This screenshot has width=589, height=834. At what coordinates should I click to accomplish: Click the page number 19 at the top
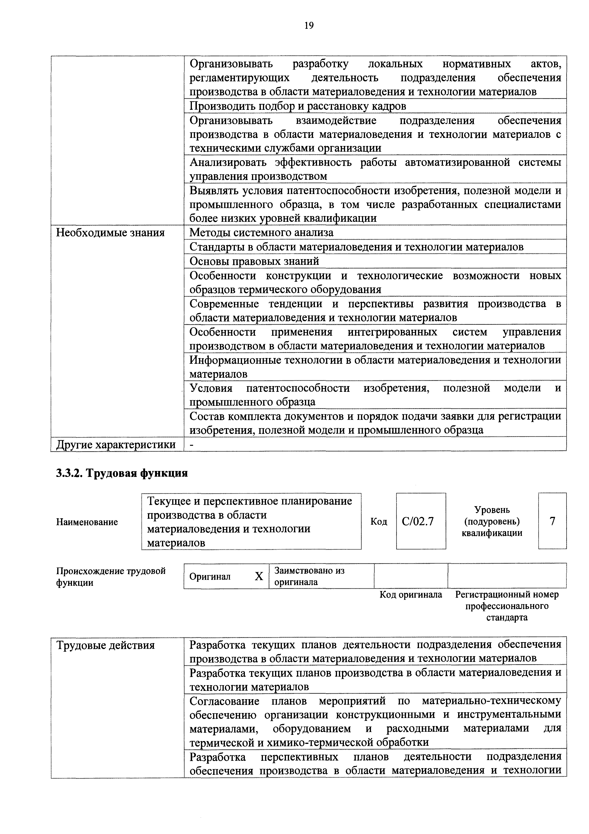(309, 25)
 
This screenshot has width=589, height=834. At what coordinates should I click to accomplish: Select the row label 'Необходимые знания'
(110, 233)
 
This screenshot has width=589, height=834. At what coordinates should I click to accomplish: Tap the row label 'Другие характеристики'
(116, 444)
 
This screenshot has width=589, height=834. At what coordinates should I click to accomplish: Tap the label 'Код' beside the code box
(379, 522)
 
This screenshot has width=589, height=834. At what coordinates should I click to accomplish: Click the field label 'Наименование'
(87, 522)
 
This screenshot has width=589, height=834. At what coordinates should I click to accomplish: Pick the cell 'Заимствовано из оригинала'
(309, 576)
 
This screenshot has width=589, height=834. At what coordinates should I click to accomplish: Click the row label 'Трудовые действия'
(106, 645)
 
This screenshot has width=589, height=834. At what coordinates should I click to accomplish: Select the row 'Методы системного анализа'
(261, 233)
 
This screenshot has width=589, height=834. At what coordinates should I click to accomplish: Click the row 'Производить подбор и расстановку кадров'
(298, 106)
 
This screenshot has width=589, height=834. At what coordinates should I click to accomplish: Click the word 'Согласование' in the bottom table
(224, 701)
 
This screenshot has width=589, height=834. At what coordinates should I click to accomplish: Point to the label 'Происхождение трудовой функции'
(111, 577)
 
